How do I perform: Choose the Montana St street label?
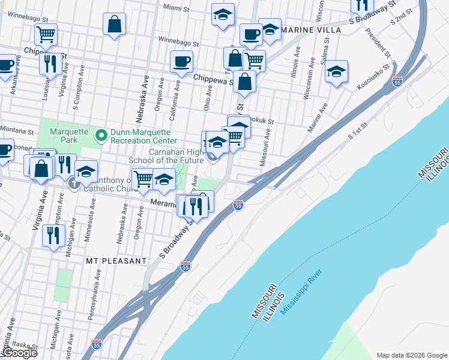click(16, 130)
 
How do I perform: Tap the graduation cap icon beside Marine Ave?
click(337, 71)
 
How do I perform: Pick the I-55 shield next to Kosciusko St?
click(397, 82)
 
